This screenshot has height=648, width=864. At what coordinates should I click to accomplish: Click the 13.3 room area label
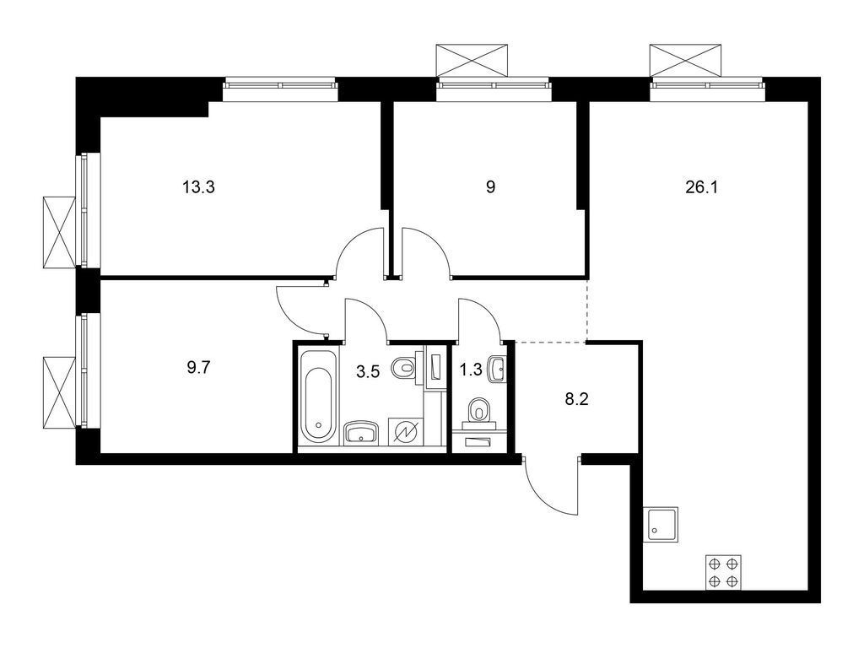coord(199,187)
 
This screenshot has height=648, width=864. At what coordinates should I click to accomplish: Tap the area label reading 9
coord(490,187)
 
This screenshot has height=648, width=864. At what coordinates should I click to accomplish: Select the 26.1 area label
coord(701,187)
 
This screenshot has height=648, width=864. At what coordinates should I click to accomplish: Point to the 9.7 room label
coord(199,369)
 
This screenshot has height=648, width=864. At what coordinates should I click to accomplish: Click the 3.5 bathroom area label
coord(367,369)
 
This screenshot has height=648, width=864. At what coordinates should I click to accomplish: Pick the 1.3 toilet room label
coord(470,369)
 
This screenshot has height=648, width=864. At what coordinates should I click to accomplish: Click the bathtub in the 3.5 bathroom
coord(318,396)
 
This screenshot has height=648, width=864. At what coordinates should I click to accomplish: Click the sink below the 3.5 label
coord(363,433)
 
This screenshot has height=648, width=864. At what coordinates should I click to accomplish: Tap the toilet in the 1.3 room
coord(480,411)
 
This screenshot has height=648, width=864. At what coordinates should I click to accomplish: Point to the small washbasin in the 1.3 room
coord(498,367)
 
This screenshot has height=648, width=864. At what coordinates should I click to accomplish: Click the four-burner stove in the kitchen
coord(724,572)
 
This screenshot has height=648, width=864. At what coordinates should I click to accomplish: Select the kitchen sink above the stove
coord(661,525)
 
